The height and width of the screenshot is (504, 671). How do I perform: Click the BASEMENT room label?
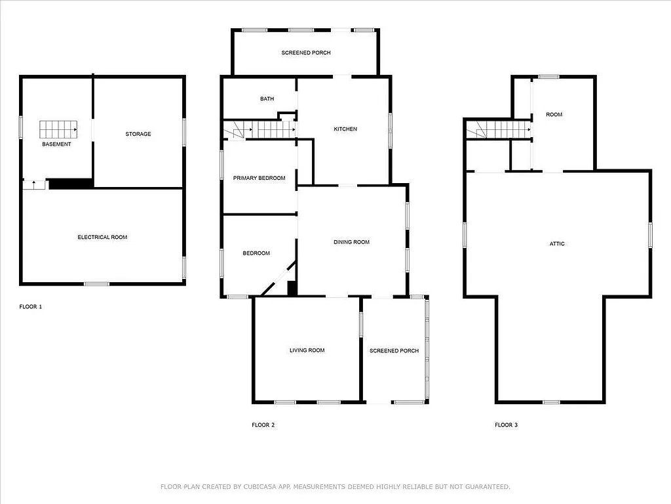click(x=56, y=144)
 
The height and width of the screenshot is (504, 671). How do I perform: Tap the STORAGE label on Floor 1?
click(x=138, y=134)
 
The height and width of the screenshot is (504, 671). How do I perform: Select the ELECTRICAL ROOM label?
click(x=102, y=237)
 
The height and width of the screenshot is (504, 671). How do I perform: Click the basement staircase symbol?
click(x=58, y=129)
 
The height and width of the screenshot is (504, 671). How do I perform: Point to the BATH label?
click(x=267, y=99)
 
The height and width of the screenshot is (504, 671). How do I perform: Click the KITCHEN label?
click(x=345, y=129)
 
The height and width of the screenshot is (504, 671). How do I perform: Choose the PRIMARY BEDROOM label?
click(x=259, y=178)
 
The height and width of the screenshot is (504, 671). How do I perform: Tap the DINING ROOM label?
click(x=352, y=242)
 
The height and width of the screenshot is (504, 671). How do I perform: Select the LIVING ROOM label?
click(x=307, y=350)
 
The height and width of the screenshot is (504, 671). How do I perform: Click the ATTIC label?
click(x=557, y=244)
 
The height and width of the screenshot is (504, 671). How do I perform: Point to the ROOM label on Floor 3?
click(x=554, y=115)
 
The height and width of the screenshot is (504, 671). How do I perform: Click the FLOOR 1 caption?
click(x=31, y=306)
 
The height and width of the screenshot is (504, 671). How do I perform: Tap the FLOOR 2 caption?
click(x=263, y=425)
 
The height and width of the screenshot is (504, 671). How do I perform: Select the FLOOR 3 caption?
click(x=506, y=425)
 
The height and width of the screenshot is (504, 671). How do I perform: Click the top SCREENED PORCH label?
click(x=306, y=52)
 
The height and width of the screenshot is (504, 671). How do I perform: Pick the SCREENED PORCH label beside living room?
click(x=394, y=351)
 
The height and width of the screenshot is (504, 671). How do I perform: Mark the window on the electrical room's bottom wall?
click(x=96, y=283)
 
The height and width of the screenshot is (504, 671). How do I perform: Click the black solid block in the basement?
click(x=70, y=184)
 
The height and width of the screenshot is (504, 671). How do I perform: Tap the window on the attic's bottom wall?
click(x=551, y=402)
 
